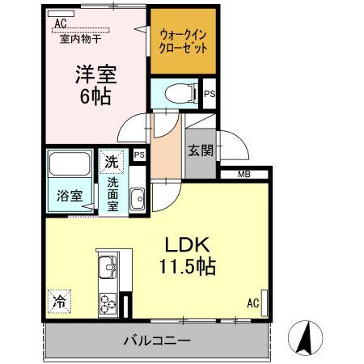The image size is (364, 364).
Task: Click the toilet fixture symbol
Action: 180,94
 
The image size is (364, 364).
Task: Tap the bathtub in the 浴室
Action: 70,163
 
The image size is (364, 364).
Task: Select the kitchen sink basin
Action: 108,267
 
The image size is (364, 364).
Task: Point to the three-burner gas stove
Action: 108,304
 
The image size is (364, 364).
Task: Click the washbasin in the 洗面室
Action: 138,198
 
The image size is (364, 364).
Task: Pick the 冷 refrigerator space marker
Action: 59,302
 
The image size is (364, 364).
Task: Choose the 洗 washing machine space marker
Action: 112,162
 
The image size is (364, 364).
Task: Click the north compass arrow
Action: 305,338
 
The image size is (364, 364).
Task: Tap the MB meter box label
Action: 244,174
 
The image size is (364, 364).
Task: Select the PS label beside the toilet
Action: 210,94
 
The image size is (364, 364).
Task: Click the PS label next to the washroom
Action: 139,154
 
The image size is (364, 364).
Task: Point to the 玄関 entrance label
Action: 201,150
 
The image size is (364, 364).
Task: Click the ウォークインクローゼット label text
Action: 183,41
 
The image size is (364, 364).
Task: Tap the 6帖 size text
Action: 95,96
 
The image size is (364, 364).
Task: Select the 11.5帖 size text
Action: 188,266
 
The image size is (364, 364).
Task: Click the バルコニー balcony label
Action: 157,341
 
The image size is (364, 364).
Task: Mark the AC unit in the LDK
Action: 265,303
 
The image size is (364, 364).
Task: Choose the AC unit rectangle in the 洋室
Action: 61,14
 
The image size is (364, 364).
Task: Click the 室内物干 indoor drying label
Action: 81,40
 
